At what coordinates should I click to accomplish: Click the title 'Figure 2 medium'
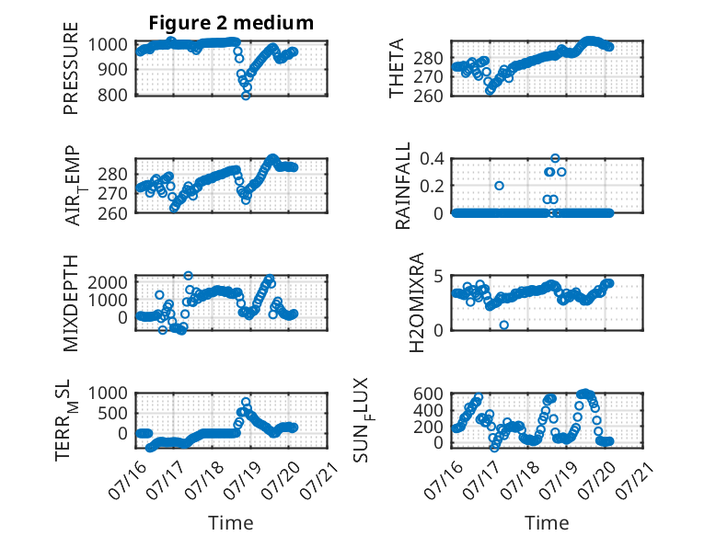click(x=231, y=23)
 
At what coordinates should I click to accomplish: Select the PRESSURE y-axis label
click(x=71, y=68)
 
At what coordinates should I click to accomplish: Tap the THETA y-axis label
click(x=397, y=68)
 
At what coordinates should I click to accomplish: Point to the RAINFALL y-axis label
click(x=403, y=185)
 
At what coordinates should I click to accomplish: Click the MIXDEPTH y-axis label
click(x=71, y=302)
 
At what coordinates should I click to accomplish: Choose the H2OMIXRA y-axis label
click(x=417, y=302)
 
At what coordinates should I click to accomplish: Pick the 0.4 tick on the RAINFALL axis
click(x=432, y=159)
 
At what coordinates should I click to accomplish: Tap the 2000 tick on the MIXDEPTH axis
click(x=108, y=282)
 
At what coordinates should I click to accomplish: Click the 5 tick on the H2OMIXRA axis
click(x=438, y=277)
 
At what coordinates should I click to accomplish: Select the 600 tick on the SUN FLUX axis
click(x=428, y=393)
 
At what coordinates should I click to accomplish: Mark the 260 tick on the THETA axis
click(x=428, y=97)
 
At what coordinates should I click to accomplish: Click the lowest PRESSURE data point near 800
click(x=246, y=96)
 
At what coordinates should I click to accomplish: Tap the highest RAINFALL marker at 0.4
click(x=555, y=158)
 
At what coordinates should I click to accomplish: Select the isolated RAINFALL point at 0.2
click(x=499, y=186)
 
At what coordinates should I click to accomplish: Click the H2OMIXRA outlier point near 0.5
click(x=503, y=325)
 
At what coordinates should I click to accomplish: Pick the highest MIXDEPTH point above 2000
click(x=188, y=276)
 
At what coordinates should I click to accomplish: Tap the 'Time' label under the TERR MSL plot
click(x=231, y=523)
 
